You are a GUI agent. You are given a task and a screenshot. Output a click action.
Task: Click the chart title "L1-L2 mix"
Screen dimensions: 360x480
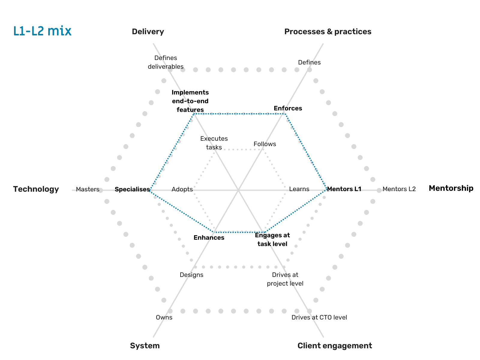click(42, 31)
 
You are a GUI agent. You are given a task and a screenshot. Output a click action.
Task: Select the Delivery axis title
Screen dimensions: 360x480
click(148, 32)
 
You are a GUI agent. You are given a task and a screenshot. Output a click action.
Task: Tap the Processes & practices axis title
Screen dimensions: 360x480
click(328, 32)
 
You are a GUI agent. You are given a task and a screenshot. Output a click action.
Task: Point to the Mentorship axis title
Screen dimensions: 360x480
click(451, 188)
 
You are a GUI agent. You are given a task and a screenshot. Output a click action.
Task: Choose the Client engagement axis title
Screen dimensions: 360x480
click(334, 346)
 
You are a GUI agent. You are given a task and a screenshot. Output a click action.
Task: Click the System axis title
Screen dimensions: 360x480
click(145, 346)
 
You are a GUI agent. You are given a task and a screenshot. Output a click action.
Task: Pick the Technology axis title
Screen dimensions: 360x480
click(36, 189)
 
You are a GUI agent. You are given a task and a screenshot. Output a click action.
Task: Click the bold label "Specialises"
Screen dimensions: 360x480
click(132, 190)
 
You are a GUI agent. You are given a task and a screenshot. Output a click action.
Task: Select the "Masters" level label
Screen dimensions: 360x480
click(88, 190)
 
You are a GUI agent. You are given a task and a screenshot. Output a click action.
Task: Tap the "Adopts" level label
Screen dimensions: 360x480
click(182, 190)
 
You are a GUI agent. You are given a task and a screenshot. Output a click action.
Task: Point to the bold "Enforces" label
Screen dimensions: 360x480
click(288, 109)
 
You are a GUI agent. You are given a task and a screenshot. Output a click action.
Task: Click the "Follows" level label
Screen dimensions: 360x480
click(265, 144)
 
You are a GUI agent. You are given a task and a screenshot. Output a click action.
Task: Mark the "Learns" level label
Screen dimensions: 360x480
click(299, 189)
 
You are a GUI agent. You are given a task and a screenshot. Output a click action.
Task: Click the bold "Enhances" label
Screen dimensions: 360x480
click(209, 238)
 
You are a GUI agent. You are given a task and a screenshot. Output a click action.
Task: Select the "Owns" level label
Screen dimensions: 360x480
click(164, 318)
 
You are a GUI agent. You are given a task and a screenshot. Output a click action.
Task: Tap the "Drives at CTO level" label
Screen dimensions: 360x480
click(319, 318)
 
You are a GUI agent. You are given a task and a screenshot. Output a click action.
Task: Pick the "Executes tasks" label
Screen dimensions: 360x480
click(214, 143)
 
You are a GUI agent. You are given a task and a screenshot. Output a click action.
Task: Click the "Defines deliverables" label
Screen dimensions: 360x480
click(166, 62)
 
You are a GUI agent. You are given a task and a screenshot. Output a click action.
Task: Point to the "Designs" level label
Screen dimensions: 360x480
click(191, 275)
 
